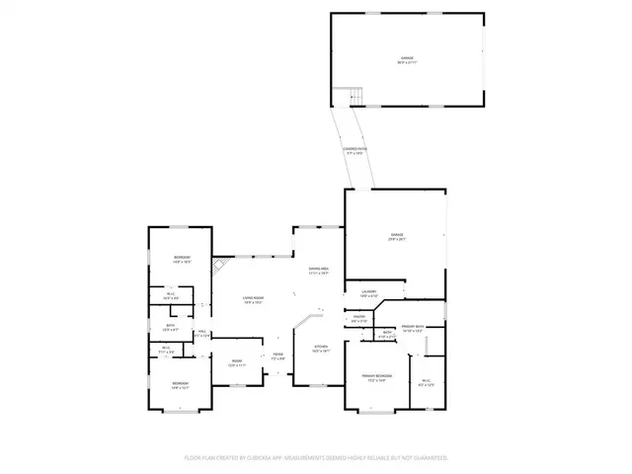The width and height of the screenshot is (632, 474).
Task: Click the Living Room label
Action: tap(253, 299)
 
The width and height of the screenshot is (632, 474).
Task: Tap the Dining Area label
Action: tap(318, 271)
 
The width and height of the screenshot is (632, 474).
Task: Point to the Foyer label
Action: tap(278, 356)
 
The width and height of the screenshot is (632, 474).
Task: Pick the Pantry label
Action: tap(359, 319)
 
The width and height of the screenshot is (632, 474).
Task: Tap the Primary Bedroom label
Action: tap(376, 377)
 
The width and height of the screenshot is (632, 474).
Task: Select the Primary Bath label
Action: tap(413, 328)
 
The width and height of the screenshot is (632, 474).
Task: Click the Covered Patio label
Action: tap(355, 151)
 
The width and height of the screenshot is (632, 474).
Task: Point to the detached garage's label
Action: tap(406, 60)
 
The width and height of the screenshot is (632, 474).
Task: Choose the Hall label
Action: tap(201, 333)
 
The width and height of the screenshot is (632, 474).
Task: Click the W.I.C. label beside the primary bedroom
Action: tap(427, 382)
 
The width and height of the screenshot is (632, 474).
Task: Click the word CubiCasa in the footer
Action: tap(265, 458)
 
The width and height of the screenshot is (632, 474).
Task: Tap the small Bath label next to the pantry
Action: tap(388, 334)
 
